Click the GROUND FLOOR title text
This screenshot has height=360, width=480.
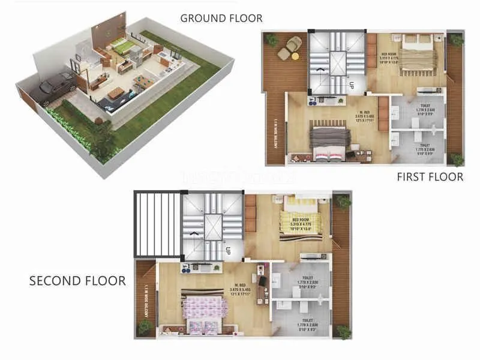pyautogui.click(x=221, y=18)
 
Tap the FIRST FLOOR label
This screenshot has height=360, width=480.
pyautogui.click(x=430, y=176)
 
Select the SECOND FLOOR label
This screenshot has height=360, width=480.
pyautogui.click(x=77, y=281)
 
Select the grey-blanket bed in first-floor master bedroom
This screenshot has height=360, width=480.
pyautogui.click(x=328, y=137)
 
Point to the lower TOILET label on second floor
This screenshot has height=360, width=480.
pyautogui.click(x=306, y=325)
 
